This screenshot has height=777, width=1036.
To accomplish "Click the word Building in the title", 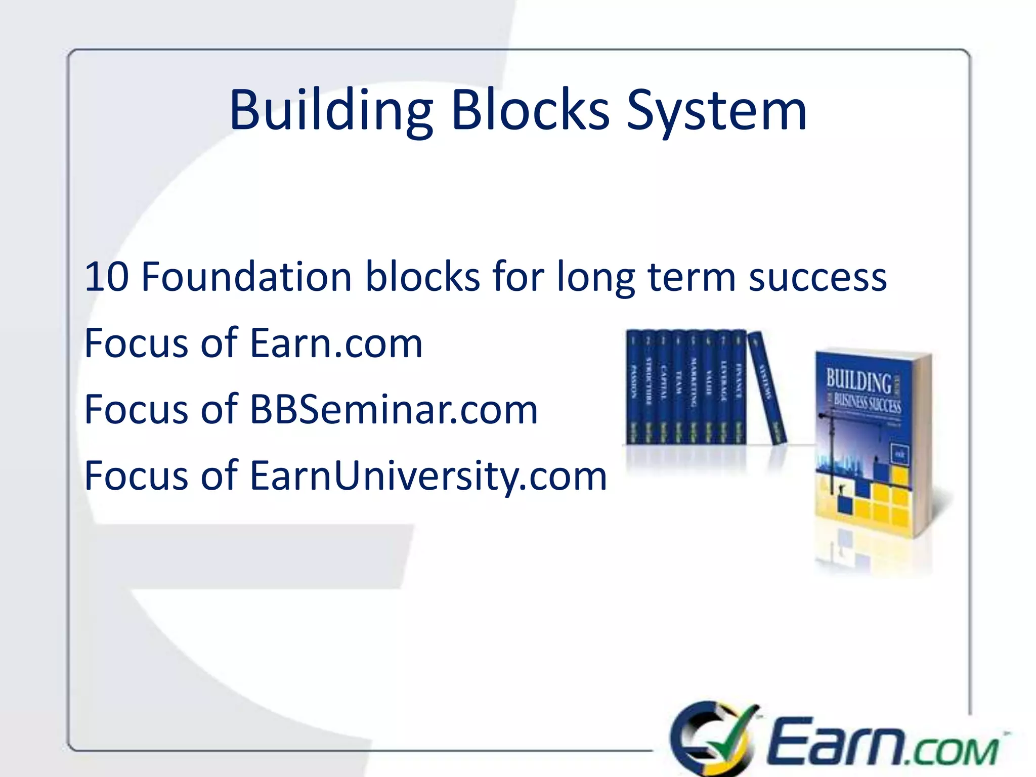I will pos(331,110).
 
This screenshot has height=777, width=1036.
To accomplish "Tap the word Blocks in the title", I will pos(530,110).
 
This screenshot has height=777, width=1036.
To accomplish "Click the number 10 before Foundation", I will pos(107,277).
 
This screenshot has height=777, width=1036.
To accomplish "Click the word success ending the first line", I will pos(817,278).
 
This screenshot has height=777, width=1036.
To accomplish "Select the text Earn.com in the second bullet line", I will pos(336,343).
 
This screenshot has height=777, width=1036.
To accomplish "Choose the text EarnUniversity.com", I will pos(428,476).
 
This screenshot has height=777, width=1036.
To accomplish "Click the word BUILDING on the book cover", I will pos(859,380).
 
